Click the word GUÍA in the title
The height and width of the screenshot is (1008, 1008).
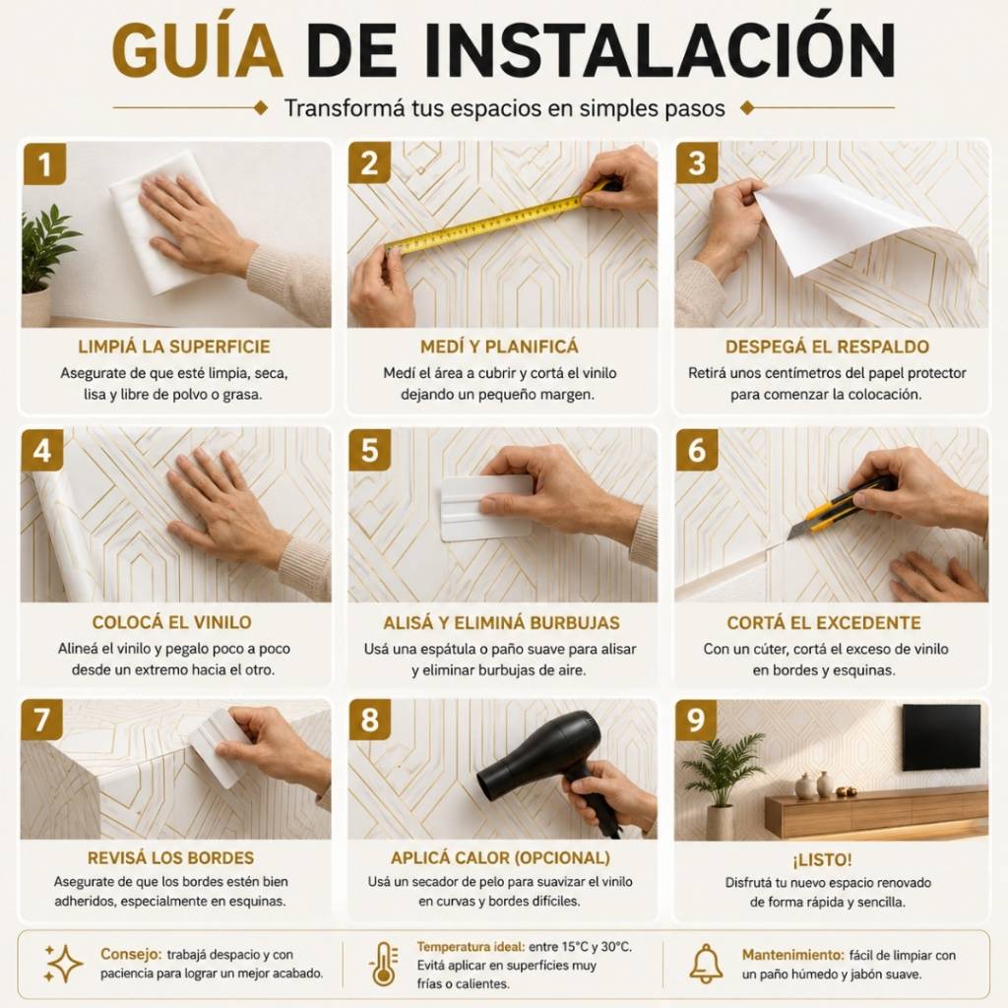[197, 49]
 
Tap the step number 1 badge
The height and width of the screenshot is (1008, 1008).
[44, 164]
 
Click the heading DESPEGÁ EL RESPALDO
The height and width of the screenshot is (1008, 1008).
[827, 347]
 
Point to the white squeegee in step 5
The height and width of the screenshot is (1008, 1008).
[485, 508]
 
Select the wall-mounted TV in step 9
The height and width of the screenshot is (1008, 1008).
[941, 736]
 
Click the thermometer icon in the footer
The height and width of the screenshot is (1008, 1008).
[383, 965]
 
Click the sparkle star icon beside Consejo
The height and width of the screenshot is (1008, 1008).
[63, 964]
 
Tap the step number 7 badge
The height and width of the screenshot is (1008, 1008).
[41, 720]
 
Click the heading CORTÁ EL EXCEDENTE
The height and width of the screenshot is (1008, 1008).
[824, 623]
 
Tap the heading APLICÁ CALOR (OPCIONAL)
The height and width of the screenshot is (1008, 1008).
[500, 858]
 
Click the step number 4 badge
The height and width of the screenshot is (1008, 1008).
[41, 450]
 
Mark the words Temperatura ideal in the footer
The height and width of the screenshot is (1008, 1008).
[471, 947]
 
